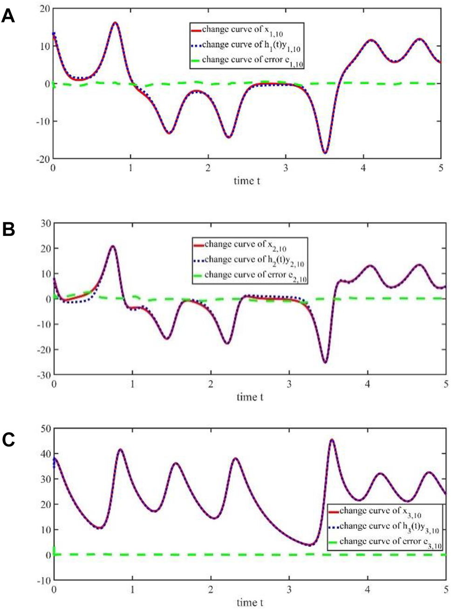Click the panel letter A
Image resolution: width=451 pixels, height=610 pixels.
click(x=8, y=17)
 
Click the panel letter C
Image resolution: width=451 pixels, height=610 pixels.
click(x=8, y=439)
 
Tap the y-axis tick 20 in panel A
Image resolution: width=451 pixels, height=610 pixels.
click(x=44, y=9)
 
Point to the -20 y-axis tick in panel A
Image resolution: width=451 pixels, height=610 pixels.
click(x=42, y=159)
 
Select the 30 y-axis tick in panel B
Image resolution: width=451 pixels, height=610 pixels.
click(x=45, y=223)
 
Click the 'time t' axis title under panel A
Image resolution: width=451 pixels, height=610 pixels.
click(x=247, y=181)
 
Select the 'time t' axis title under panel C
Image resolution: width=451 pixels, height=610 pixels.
click(x=250, y=603)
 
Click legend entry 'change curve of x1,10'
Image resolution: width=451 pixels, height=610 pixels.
click(x=242, y=30)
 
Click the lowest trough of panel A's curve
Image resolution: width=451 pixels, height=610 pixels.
click(x=325, y=152)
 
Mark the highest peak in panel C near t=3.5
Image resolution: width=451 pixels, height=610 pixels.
click(x=332, y=440)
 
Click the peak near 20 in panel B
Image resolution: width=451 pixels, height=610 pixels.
click(x=112, y=246)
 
